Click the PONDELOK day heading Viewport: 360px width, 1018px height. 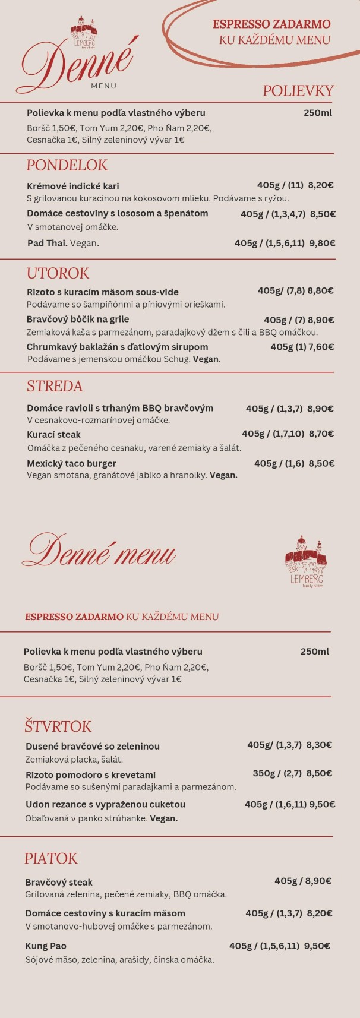click(67, 165)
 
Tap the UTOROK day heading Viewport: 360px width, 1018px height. click(58, 273)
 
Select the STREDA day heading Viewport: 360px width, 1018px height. click(55, 386)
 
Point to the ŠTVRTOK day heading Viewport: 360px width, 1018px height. click(58, 726)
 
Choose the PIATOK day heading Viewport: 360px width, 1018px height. click(51, 858)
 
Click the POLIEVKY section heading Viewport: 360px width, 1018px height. click(298, 91)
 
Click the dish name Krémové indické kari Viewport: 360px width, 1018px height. click(73, 186)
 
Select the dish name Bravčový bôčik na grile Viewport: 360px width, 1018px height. click(78, 320)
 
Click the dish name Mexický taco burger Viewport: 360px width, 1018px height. click(71, 463)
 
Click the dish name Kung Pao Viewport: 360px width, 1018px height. click(46, 946)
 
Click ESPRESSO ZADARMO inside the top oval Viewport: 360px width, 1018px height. click(271, 24)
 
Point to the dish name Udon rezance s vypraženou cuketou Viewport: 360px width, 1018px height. click(105, 804)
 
